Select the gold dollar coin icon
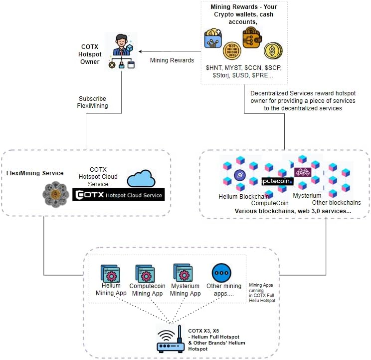tap(273, 50)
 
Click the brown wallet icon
tap(252, 37)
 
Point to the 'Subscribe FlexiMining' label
tap(92, 102)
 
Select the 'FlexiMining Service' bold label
tap(35, 173)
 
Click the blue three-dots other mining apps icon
tap(221, 273)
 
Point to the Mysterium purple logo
tap(302, 172)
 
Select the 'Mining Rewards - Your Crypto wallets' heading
tap(243, 11)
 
